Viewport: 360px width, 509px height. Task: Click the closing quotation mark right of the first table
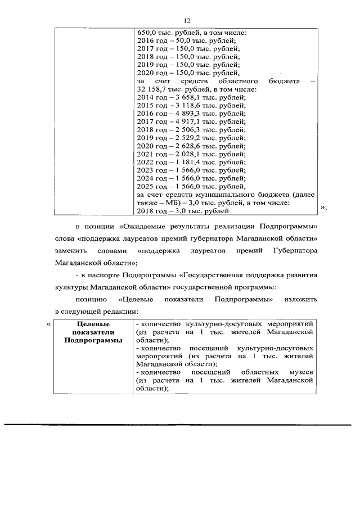click(323, 208)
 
